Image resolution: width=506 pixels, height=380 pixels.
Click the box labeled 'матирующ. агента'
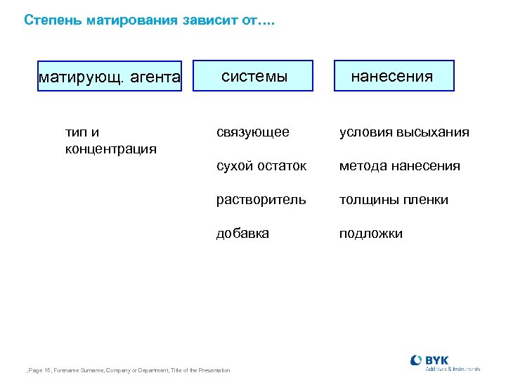(109, 77)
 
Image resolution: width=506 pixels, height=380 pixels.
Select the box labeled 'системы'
(254, 76)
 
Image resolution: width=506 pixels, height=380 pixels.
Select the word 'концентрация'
(110, 149)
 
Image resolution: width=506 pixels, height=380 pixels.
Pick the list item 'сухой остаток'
(261, 166)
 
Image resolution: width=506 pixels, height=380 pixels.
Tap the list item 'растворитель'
(261, 199)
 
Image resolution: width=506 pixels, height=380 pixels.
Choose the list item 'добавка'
(242, 233)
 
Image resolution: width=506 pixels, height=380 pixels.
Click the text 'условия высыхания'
(404, 132)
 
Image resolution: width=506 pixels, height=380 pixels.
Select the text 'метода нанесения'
(400, 166)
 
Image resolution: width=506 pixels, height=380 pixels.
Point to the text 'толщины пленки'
(394, 199)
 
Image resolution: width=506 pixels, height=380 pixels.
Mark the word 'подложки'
(371, 233)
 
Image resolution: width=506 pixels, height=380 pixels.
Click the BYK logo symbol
(416, 360)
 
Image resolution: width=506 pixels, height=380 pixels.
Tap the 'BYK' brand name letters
(438, 360)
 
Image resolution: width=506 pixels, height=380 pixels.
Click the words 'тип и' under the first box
(82, 132)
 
